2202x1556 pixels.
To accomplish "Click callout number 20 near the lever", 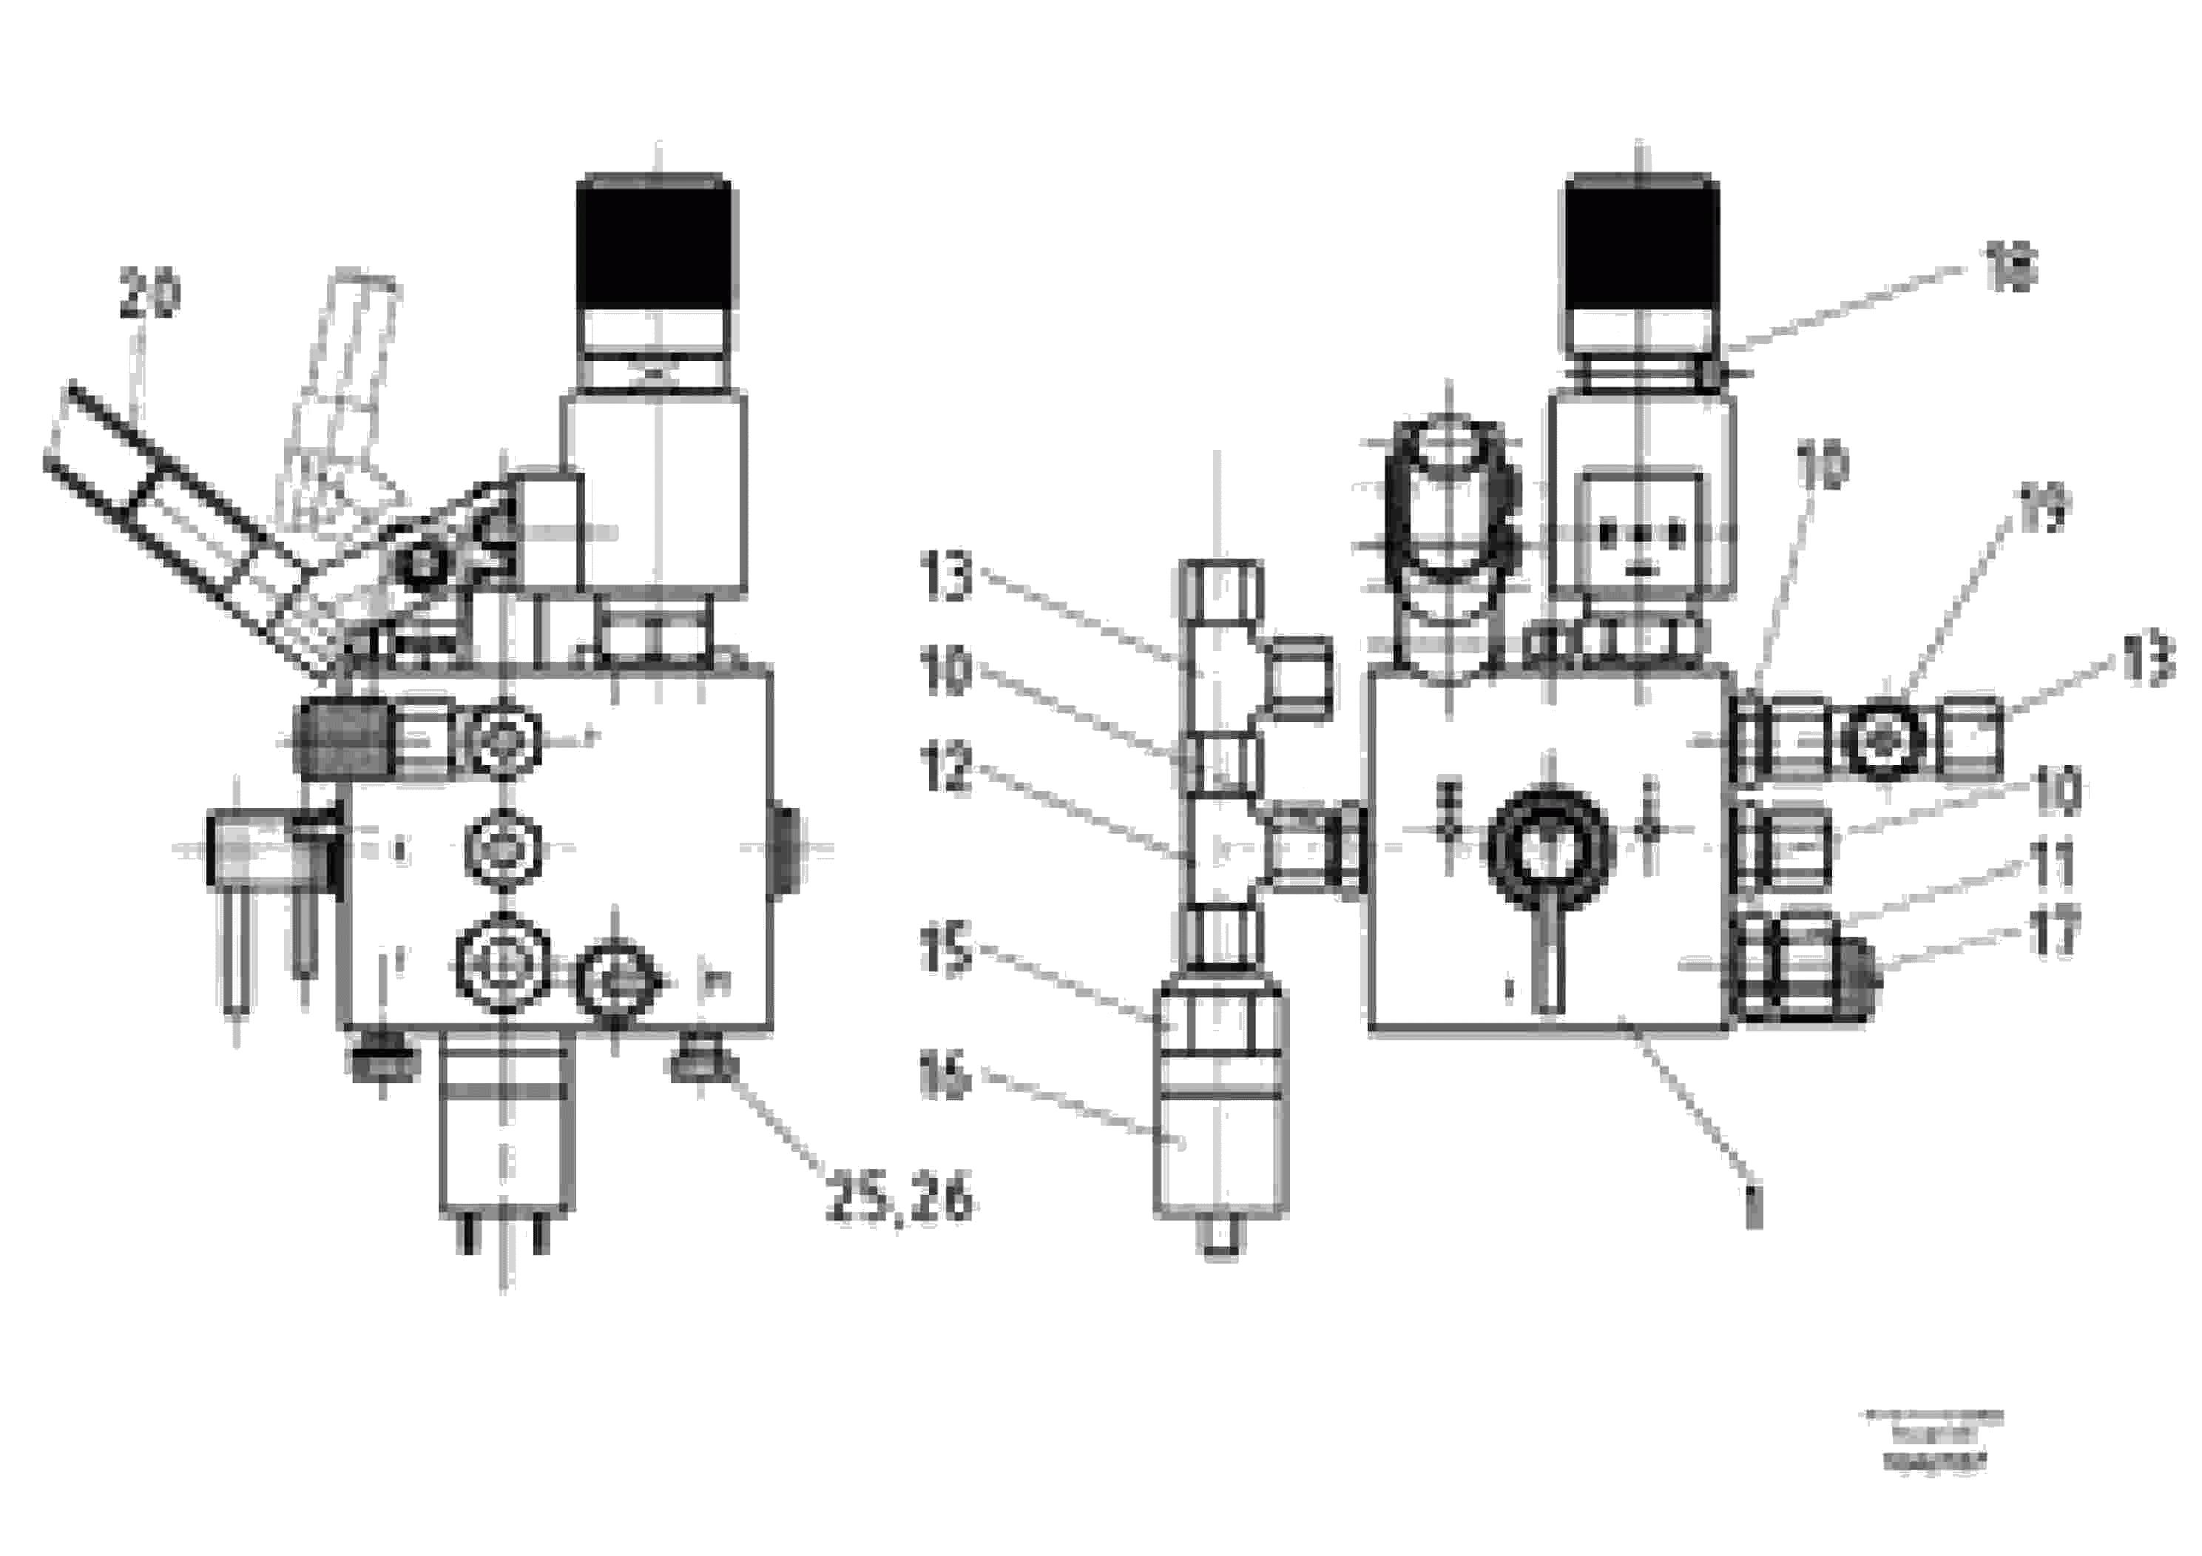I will coord(149,294).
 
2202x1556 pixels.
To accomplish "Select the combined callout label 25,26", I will coord(899,1200).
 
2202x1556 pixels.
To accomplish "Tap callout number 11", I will coord(2053,863).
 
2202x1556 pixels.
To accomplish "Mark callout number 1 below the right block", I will coord(1753,1206).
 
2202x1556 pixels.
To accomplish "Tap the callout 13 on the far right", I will coord(2147,662).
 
